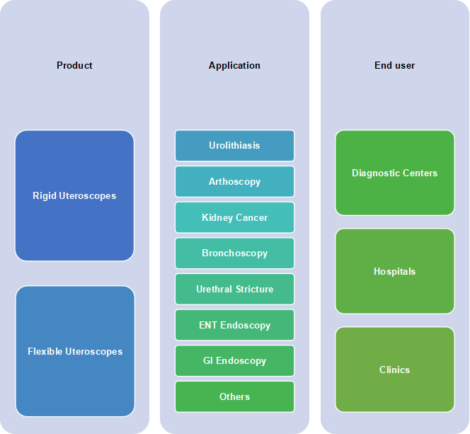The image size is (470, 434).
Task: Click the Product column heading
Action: [74, 65]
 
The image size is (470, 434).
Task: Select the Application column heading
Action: [234, 65]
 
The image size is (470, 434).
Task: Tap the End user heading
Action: [394, 65]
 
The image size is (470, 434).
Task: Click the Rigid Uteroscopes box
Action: [74, 195]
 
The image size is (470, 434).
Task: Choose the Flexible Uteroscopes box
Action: [75, 351]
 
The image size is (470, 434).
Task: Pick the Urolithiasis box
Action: [234, 145]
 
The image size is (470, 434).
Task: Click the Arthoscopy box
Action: [234, 181]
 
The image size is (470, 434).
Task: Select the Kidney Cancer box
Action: [234, 217]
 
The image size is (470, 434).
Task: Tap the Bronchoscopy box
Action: [234, 253]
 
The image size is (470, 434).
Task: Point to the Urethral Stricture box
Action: [234, 289]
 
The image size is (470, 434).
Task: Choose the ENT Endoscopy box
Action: [234, 325]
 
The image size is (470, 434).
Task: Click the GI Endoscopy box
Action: [234, 360]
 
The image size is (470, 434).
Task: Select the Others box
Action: [234, 396]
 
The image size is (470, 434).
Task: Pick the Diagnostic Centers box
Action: [395, 173]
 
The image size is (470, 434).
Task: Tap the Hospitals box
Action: [395, 271]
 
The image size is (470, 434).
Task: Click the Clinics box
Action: [395, 370]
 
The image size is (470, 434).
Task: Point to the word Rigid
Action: [45, 195]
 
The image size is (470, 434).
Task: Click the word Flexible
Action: [45, 351]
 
